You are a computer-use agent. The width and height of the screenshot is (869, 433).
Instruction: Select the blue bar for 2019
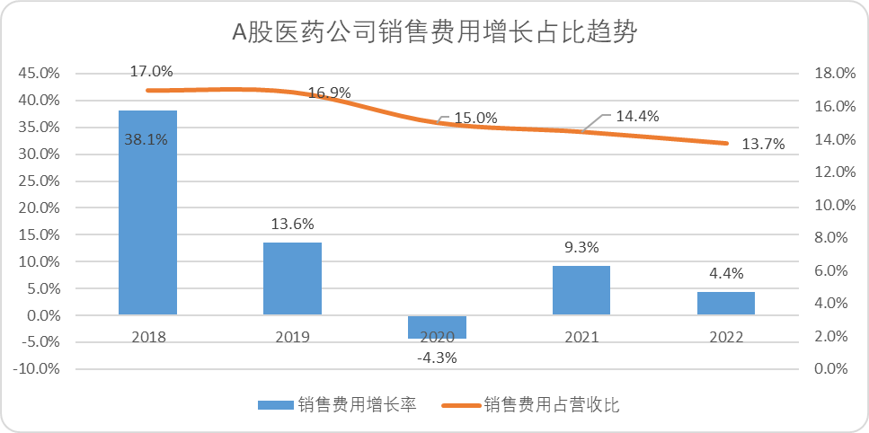tap(293, 278)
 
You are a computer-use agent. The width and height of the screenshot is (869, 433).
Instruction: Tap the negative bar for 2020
tap(438, 327)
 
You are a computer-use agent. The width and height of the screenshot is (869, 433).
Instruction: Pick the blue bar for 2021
tap(581, 290)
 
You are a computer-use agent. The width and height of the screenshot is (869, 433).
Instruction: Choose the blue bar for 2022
tap(726, 304)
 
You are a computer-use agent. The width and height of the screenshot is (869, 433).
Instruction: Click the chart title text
tap(435, 33)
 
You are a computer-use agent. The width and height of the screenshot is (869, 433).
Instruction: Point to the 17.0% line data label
tap(151, 70)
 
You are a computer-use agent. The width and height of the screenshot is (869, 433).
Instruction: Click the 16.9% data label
tap(329, 92)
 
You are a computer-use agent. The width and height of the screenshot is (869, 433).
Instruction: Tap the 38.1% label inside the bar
tap(146, 139)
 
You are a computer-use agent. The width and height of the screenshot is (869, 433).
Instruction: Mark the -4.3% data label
tap(438, 358)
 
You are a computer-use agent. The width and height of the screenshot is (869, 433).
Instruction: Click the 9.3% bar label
tap(581, 247)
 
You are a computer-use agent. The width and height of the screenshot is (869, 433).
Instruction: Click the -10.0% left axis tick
tap(38, 369)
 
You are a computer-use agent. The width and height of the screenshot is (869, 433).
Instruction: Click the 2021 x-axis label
tap(581, 338)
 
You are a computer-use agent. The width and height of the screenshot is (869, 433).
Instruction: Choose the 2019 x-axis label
tap(293, 338)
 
